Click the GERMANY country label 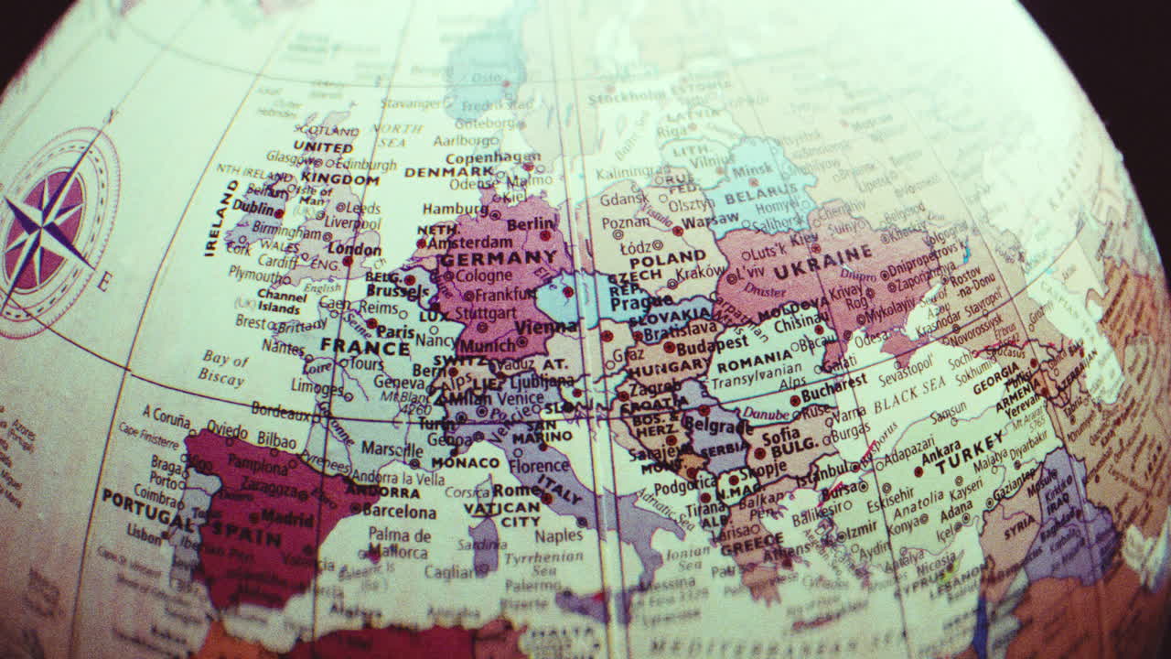(499, 258)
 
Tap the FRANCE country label (365, 348)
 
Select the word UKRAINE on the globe (822, 257)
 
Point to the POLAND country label (667, 259)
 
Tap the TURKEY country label (971, 450)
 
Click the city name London (354, 249)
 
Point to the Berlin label (530, 224)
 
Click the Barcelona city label (399, 512)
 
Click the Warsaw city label (709, 221)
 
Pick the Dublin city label (252, 207)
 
